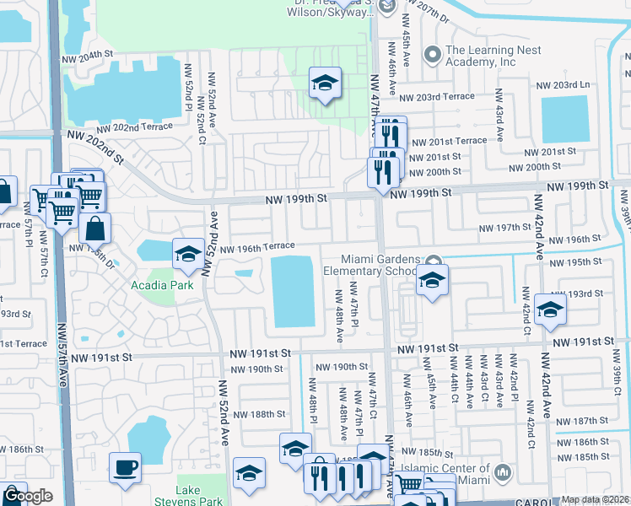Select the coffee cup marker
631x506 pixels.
coord(126,467)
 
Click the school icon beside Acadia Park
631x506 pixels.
coord(188,253)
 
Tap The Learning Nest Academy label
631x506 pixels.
coord(492,56)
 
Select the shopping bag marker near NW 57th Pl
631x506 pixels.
coord(97,228)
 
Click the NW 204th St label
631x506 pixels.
coord(87,54)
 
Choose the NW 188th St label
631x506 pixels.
coord(259,414)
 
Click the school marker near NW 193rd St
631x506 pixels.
coord(549,308)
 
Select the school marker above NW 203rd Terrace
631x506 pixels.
coord(325,83)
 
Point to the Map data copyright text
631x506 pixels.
coord(595,499)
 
